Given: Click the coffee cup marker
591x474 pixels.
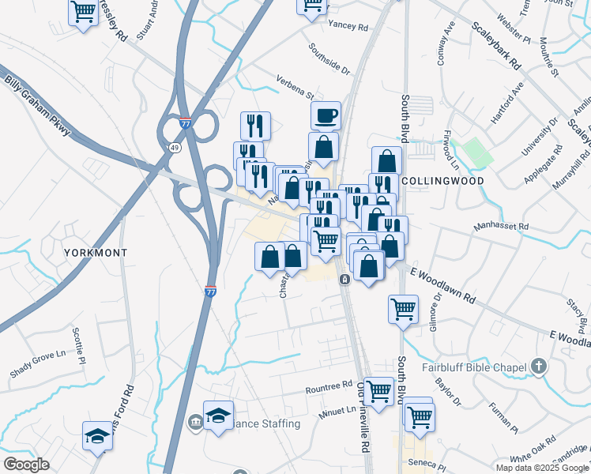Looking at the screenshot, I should pyautogui.click(x=326, y=116).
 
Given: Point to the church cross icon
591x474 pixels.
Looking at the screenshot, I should pyautogui.click(x=539, y=366).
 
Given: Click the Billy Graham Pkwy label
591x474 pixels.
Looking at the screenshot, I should pyautogui.click(x=38, y=103).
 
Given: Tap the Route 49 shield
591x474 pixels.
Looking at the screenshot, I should pyautogui.click(x=174, y=146).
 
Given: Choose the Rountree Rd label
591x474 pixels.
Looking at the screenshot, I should pyautogui.click(x=329, y=386).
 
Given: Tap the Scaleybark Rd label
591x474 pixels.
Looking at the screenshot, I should pyautogui.click(x=495, y=44).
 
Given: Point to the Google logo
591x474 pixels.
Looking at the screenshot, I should pyautogui.click(x=26, y=465).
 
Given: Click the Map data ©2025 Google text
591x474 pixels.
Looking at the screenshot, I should pyautogui.click(x=542, y=468).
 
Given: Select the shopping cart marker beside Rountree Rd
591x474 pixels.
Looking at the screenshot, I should pyautogui.click(x=379, y=390).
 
